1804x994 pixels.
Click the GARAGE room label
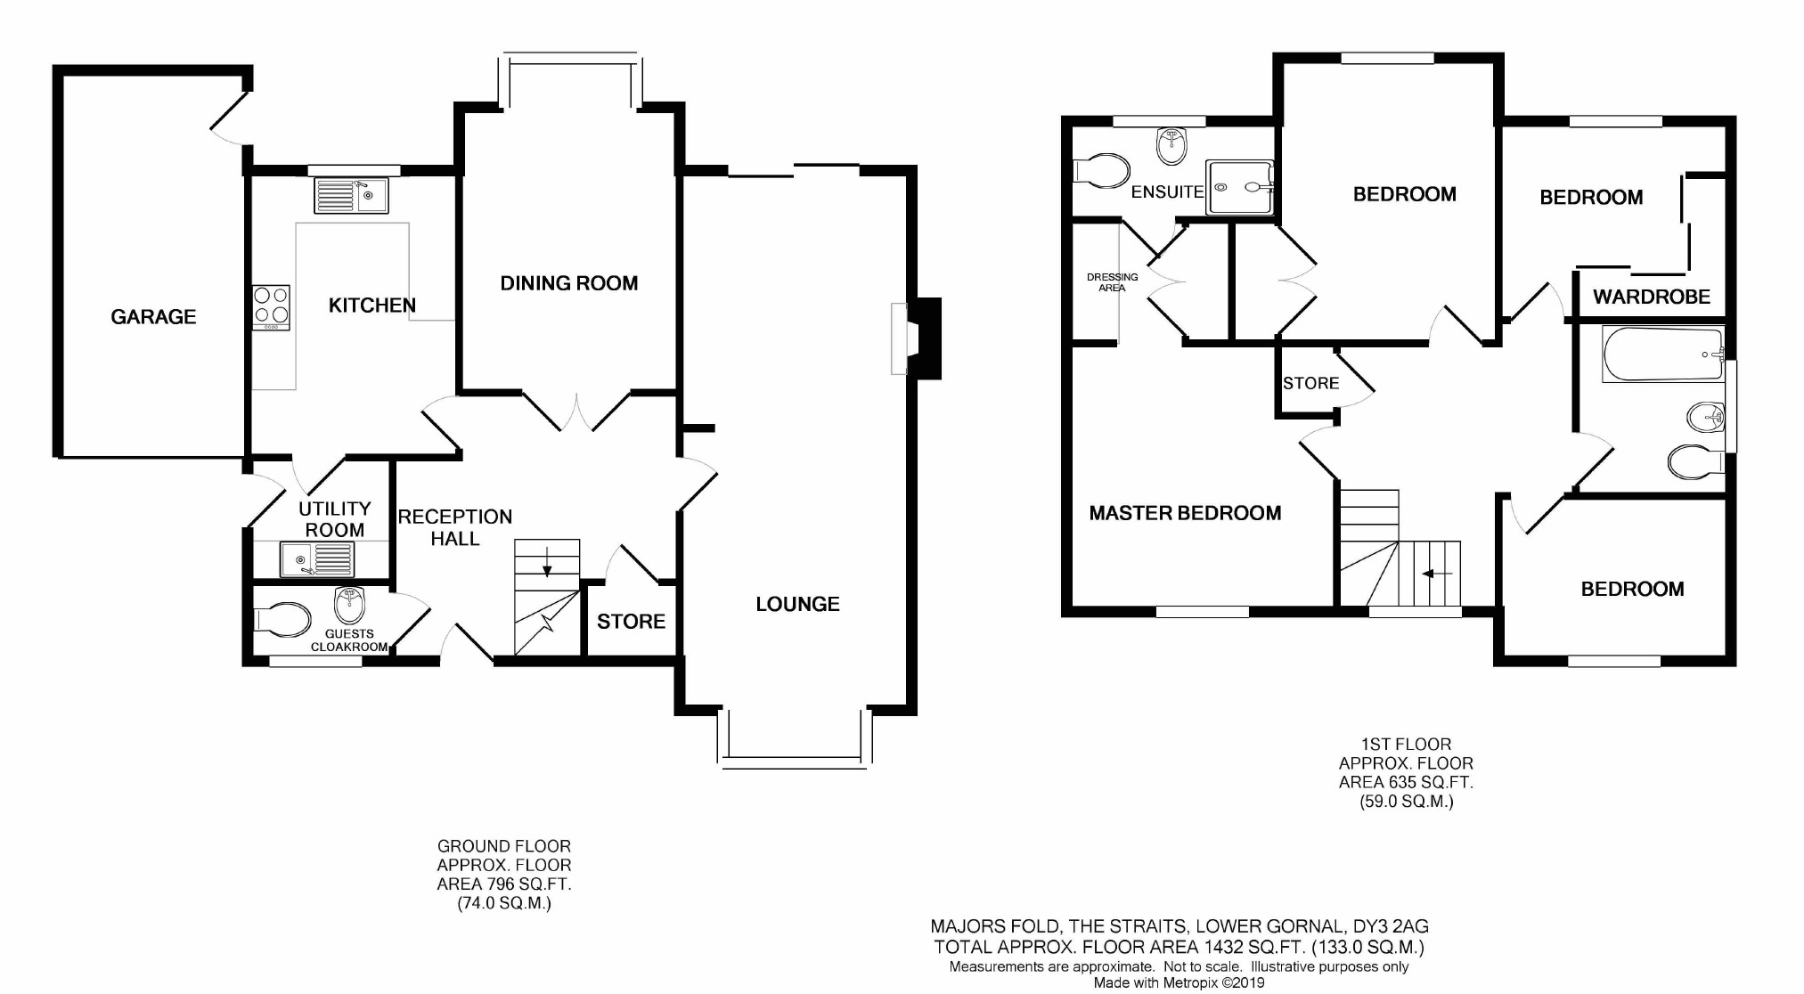(x=153, y=316)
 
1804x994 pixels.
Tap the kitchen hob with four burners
(x=271, y=306)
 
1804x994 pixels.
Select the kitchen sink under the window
(x=351, y=196)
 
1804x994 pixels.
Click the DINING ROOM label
(x=568, y=283)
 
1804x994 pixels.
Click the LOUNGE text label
(x=797, y=604)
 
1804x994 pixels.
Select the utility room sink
(x=317, y=559)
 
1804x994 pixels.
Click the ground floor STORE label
(x=631, y=621)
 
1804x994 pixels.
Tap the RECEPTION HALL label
(x=454, y=527)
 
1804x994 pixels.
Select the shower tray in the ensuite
(x=1238, y=188)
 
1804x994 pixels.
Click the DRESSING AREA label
(x=1112, y=282)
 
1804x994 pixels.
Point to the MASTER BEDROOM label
(x=1185, y=513)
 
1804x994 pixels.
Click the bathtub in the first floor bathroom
(x=1662, y=354)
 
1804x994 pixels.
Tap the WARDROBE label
(x=1651, y=297)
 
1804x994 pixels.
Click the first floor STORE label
(x=1310, y=383)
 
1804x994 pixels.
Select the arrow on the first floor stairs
(x=1436, y=574)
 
